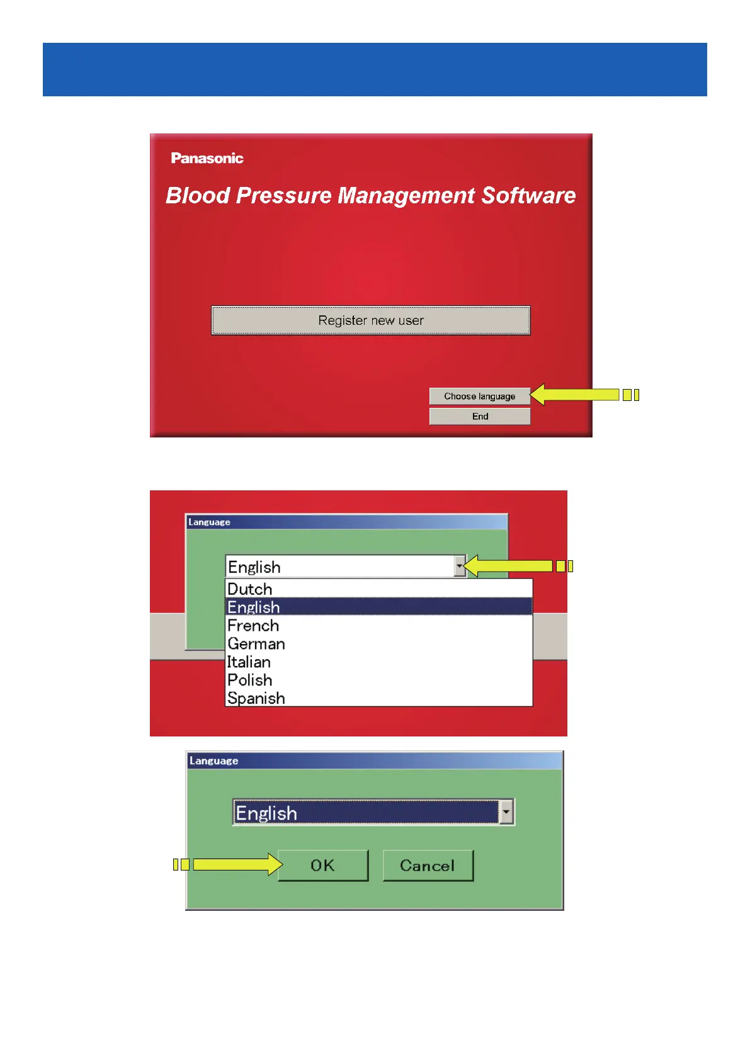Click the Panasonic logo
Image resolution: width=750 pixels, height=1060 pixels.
coord(207,158)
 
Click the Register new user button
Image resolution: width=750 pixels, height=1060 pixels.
coord(370,320)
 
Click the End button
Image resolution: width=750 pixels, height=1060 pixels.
coord(479,416)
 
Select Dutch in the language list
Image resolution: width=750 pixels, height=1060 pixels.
coord(250,589)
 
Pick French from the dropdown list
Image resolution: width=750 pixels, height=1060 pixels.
coord(253,626)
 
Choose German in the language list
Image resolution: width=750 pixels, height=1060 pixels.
coord(256,644)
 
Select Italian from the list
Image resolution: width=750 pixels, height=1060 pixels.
coord(249,662)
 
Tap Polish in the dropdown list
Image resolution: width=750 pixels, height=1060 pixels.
coord(250,680)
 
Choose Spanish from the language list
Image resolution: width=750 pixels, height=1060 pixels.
coord(256,698)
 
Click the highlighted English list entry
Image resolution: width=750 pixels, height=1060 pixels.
coord(254,607)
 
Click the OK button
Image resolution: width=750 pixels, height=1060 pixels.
coord(322,865)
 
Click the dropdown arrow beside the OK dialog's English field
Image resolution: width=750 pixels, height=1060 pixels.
coord(506,812)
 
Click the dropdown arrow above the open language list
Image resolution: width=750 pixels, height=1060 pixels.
coord(460,566)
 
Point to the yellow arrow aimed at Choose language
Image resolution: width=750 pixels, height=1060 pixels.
coord(574,395)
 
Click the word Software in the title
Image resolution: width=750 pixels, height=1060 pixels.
coord(528,196)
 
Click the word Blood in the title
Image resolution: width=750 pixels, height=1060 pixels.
coord(198,196)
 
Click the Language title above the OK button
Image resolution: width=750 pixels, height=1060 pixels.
coord(214,760)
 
